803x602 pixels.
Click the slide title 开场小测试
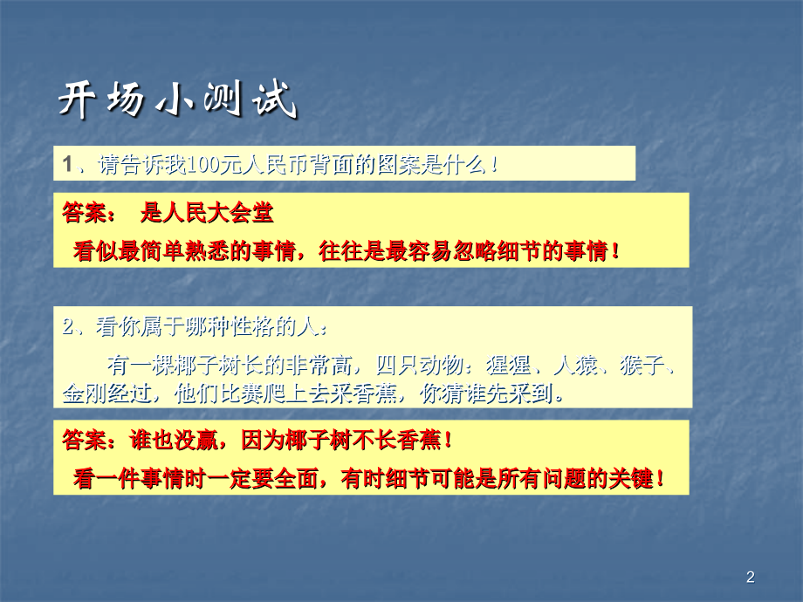coord(178,100)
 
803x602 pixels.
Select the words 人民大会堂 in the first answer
coord(223,212)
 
